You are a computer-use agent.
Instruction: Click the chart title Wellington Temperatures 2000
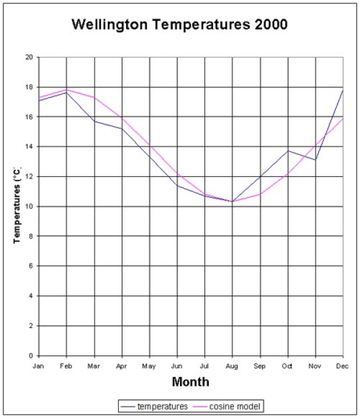click(179, 25)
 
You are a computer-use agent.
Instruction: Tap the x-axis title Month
click(190, 381)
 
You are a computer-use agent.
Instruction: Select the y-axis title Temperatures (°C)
click(19, 206)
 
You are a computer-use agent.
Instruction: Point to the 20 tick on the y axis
click(29, 58)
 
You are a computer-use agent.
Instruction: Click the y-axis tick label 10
click(29, 207)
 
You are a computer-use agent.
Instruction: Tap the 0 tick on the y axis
click(31, 356)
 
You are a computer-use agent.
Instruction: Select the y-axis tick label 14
click(29, 147)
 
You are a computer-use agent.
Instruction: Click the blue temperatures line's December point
click(343, 90)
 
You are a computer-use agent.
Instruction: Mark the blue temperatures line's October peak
click(287, 151)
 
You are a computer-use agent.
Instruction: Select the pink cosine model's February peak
click(67, 89)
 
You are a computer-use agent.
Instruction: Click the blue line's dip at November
click(315, 160)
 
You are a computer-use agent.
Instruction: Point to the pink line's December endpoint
click(343, 119)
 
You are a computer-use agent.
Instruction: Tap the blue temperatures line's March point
click(94, 121)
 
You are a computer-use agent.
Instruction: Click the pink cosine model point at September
click(260, 194)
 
